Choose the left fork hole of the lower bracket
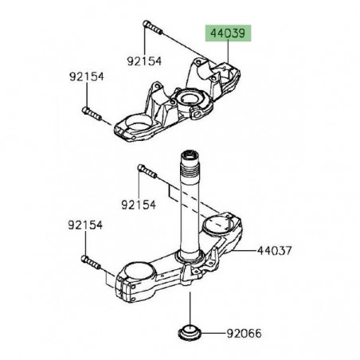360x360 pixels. pos(136,274)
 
